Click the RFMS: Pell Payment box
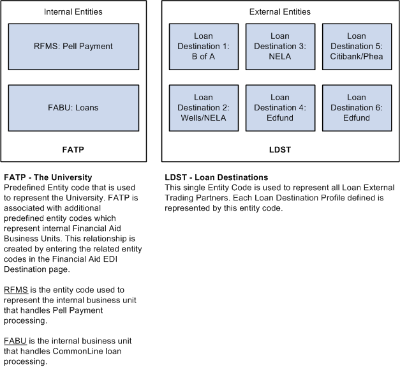[x=73, y=47]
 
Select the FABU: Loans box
[x=73, y=108]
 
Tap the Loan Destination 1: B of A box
[x=204, y=47]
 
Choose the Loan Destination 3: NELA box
[x=280, y=47]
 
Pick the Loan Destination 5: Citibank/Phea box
[x=357, y=47]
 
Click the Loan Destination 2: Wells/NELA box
[x=204, y=108]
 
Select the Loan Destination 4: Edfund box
[x=280, y=108]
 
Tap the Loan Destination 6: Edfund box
[x=357, y=108]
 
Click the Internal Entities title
[x=73, y=11]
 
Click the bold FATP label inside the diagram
[x=73, y=150]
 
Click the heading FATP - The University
[x=48, y=177]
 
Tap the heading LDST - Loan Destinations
[x=216, y=177]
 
